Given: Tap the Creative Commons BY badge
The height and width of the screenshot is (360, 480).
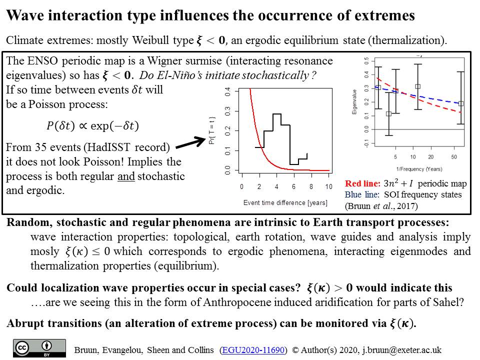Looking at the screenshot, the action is point(39,348).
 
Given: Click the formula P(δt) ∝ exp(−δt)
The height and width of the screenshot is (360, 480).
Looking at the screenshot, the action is point(92,126).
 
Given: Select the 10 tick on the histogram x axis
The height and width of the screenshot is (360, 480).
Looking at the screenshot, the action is point(329,186).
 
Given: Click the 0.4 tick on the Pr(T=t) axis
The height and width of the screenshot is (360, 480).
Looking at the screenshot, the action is point(227,91).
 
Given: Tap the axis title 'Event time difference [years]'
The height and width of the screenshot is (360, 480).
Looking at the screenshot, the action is point(285,202).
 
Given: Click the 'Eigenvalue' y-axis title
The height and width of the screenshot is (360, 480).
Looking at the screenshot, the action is point(354,102).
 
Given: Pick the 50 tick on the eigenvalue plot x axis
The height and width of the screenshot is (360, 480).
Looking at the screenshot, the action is point(454,157).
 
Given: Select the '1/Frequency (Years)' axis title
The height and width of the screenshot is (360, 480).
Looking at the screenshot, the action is point(419,169).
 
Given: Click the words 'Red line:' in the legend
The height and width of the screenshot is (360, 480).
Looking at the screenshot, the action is point(363,183).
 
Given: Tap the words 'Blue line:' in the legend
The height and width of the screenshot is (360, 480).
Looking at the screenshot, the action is point(362,194).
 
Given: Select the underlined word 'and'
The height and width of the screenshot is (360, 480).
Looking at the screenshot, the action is point(126,176).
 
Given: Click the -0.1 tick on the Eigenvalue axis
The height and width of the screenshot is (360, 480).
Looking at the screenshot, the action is point(366,143).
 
